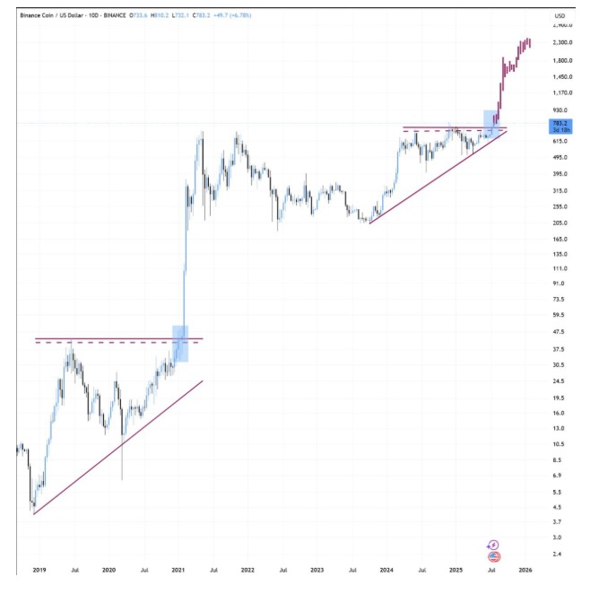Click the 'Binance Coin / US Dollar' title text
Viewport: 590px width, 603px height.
tap(49, 16)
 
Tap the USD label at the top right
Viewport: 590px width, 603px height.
tap(560, 16)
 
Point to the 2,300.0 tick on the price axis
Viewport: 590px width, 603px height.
tap(562, 43)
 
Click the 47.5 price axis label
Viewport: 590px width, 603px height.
tap(559, 332)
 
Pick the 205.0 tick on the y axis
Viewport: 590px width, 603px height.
tap(560, 223)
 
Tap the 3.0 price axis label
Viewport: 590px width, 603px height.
tap(557, 537)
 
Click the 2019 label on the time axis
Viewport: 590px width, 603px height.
tap(39, 570)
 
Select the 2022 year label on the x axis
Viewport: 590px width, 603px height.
tap(247, 570)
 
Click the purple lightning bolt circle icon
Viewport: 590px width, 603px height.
tap(492, 545)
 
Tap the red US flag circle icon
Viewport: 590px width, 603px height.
tap(493, 556)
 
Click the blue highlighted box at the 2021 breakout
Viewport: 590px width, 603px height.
tap(179, 344)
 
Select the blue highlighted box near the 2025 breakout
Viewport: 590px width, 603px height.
tap(491, 124)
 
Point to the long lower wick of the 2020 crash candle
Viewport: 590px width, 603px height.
tap(122, 462)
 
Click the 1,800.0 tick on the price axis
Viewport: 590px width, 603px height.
tap(562, 60)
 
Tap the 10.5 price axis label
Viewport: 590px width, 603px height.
tap(559, 444)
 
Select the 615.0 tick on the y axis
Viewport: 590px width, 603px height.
tap(560, 142)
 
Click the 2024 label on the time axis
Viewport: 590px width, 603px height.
tap(386, 570)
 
